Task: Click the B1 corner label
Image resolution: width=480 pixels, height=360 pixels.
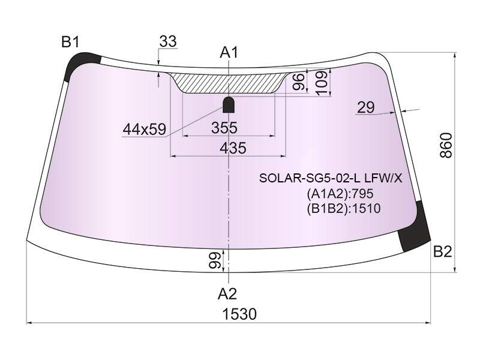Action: pos(70,41)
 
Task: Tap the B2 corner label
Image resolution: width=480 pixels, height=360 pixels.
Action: pos(443,251)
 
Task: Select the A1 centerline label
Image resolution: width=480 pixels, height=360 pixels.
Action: pos(229,53)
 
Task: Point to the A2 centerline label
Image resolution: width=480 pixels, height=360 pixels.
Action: pos(227,294)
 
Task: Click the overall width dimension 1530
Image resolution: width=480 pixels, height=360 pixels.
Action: pos(239,314)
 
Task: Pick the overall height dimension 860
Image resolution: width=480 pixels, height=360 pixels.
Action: pos(446,145)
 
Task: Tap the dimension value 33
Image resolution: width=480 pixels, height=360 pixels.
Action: pos(168,41)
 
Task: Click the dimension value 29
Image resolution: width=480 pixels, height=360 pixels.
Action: pos(366,107)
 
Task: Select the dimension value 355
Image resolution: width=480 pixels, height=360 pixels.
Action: pos(224,128)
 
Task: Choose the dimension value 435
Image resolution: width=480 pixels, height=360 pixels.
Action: pos(233,148)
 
